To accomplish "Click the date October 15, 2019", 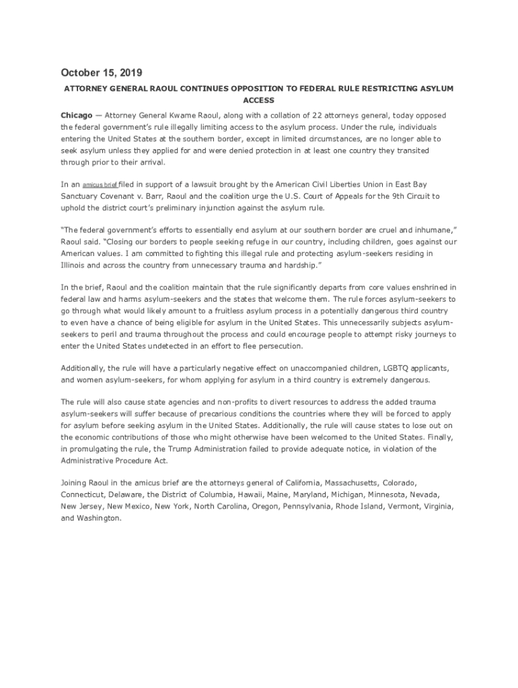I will tap(102, 73).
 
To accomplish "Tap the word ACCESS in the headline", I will tap(258, 100).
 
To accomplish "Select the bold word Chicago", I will tap(77, 116).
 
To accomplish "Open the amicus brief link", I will tap(100, 184).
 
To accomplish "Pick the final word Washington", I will tap(100, 518).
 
